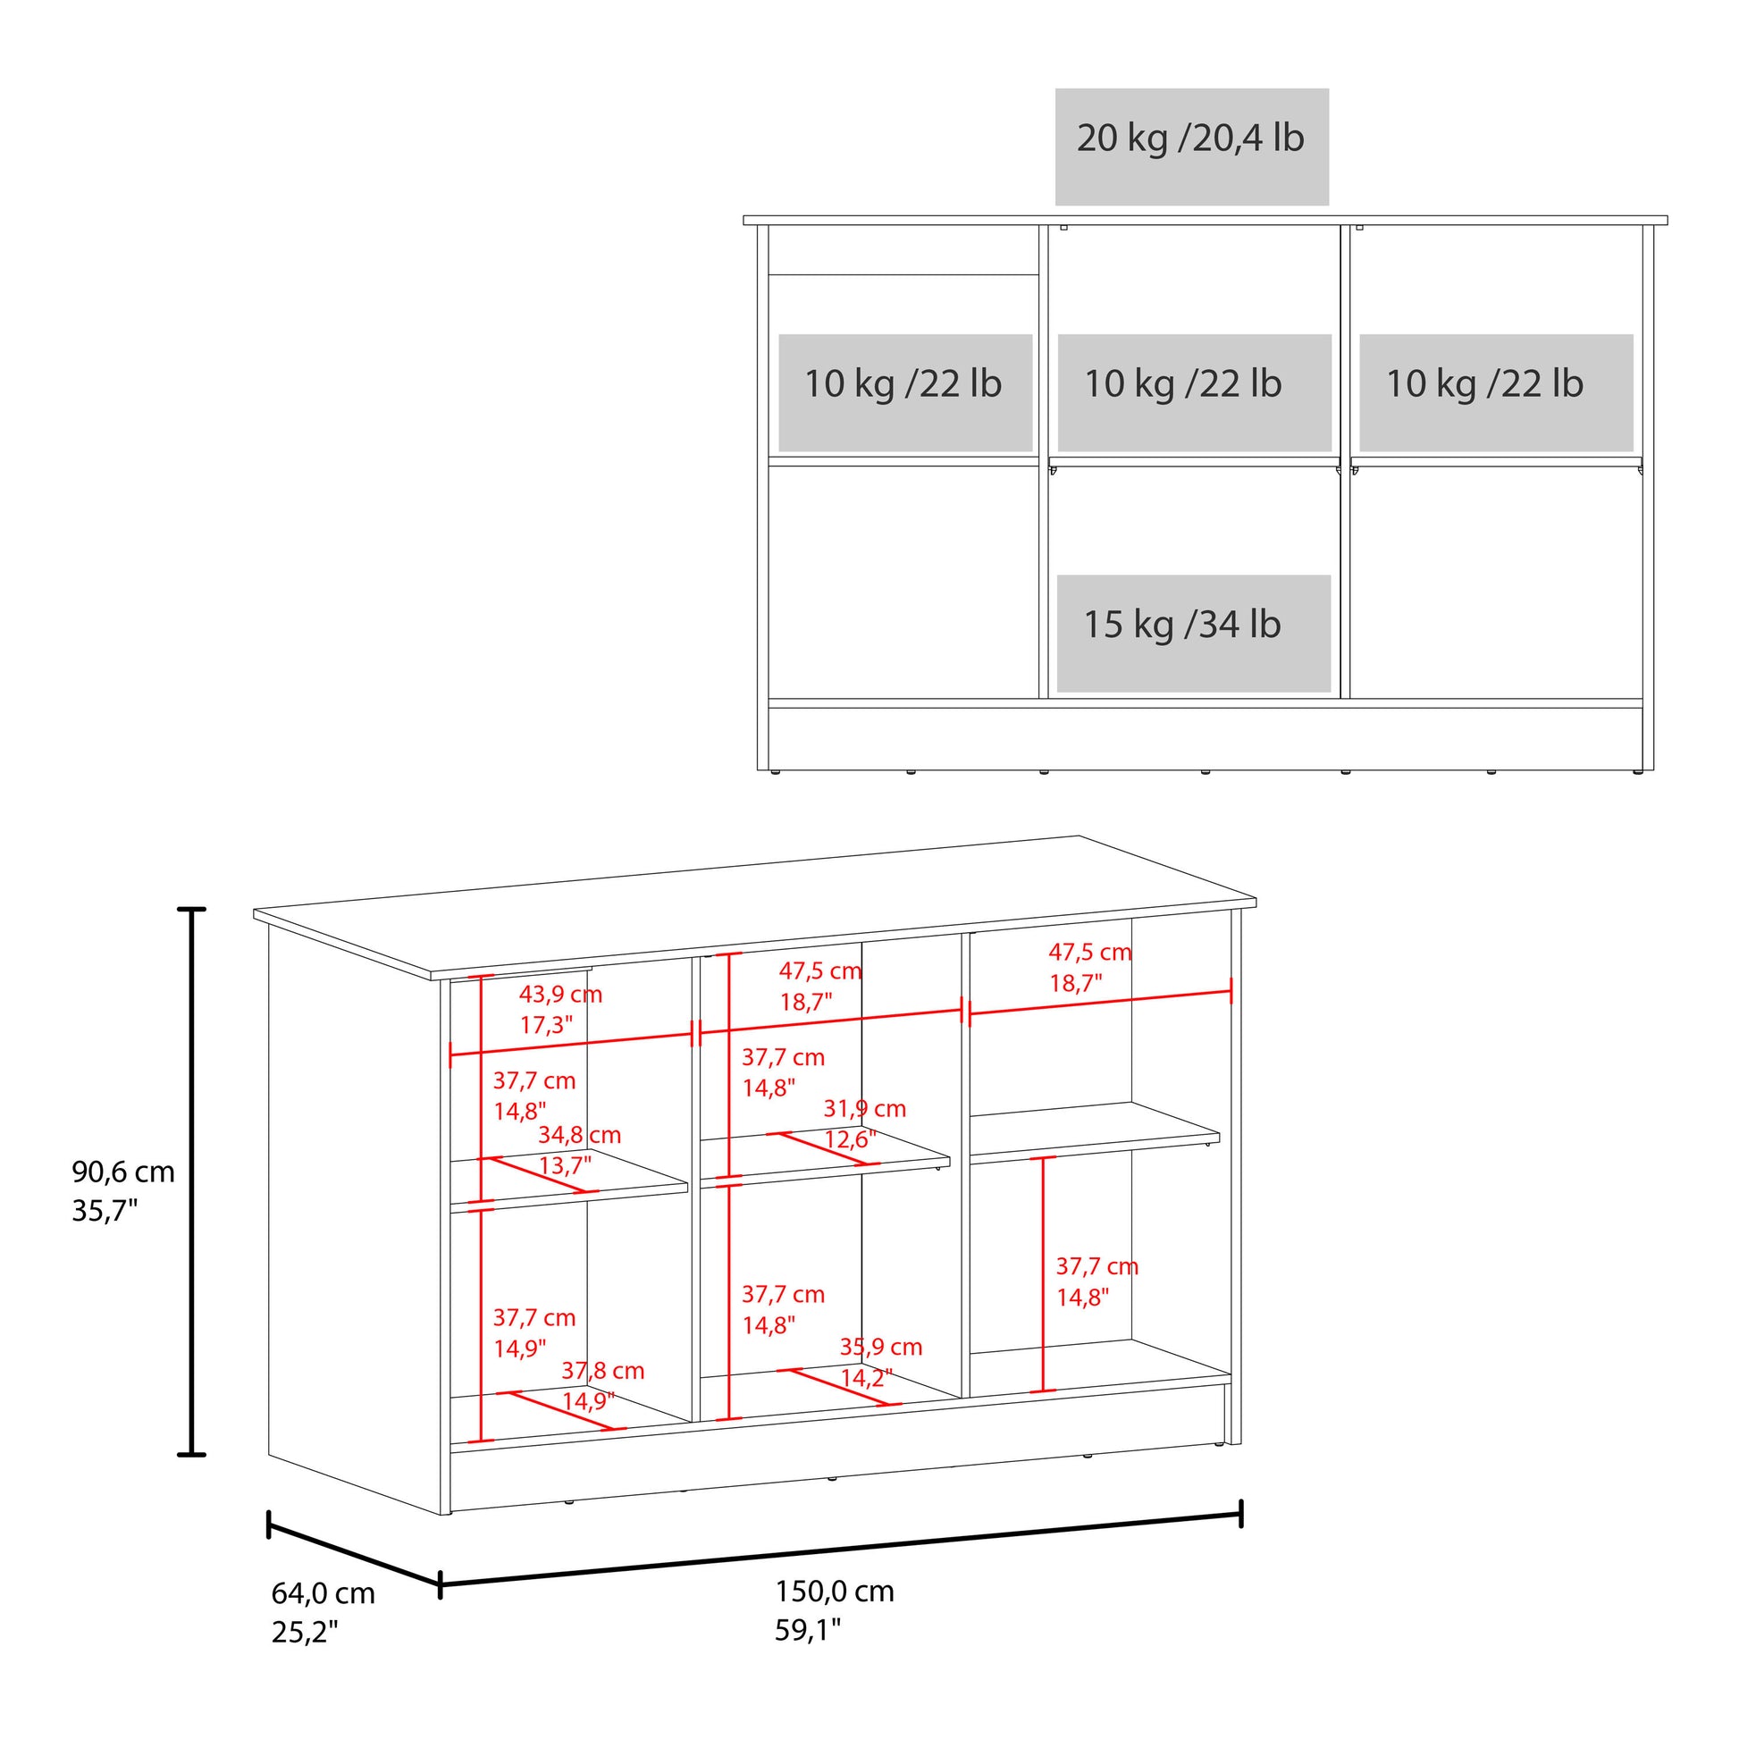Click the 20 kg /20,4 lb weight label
click(x=1190, y=139)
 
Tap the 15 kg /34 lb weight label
click(x=1182, y=625)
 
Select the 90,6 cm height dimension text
click(x=123, y=1172)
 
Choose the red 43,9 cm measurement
click(x=561, y=995)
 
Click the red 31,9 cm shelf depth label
click(x=865, y=1109)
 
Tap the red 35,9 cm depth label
click(x=881, y=1373)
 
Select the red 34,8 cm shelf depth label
click(x=580, y=1136)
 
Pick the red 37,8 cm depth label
click(x=603, y=1397)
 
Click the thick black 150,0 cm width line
click(x=841, y=1550)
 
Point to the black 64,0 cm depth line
click(x=354, y=1554)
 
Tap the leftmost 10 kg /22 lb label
click(x=903, y=384)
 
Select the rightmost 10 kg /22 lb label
click(x=1484, y=384)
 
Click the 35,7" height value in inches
click(x=105, y=1212)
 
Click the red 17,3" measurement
click(x=546, y=1025)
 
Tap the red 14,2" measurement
click(x=867, y=1403)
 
